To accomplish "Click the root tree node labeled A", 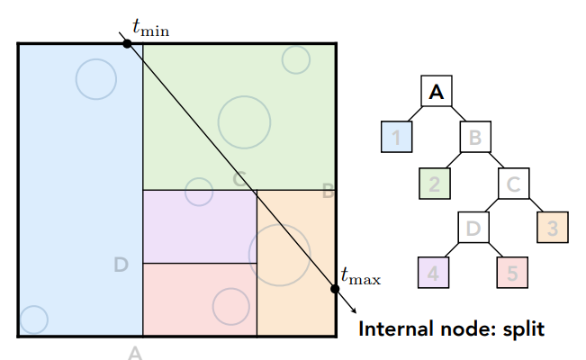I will pyautogui.click(x=437, y=91).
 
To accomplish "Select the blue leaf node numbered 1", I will pyautogui.click(x=395, y=138).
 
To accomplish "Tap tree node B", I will pyautogui.click(x=475, y=138).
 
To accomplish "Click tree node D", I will pyautogui.click(x=473, y=228).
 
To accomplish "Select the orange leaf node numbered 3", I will pyautogui.click(x=554, y=228).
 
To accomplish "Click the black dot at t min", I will pyautogui.click(x=127, y=43).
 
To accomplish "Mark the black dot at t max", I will pyautogui.click(x=335, y=289).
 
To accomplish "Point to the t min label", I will pyautogui.click(x=150, y=29).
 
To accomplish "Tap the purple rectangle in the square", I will pyautogui.click(x=200, y=226).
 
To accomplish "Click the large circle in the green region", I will pyautogui.click(x=244, y=120).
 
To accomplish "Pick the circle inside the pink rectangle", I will pyautogui.click(x=230, y=306).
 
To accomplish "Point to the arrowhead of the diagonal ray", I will pyautogui.click(x=349, y=309).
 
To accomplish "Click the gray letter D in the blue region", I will pyautogui.click(x=122, y=264).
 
